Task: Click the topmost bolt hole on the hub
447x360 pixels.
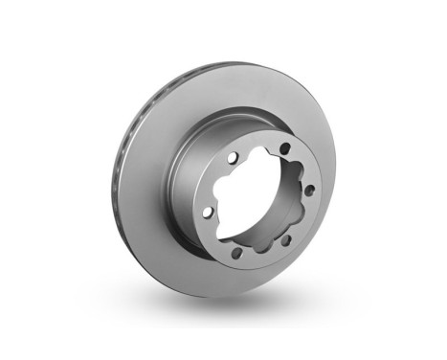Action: [x=284, y=146]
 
